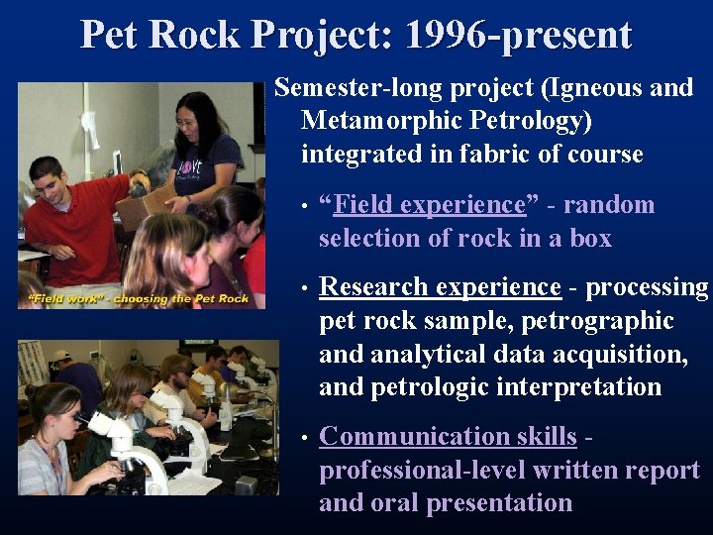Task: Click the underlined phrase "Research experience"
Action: coord(441,287)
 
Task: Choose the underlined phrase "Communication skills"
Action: coord(448,436)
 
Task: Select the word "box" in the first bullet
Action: coord(591,239)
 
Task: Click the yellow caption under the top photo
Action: coord(138,299)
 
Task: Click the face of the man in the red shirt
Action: coord(47,183)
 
